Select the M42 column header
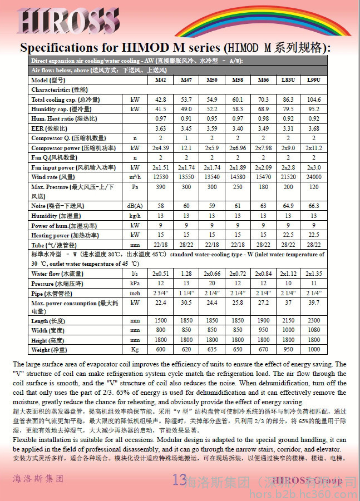(160, 80)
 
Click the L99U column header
(314, 80)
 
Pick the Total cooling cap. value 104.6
(314, 100)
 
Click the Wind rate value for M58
(238, 177)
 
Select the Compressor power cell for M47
(186, 148)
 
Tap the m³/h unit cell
(135, 177)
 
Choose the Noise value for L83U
(288, 206)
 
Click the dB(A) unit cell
(135, 206)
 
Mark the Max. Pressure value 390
(160, 187)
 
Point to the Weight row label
(50, 350)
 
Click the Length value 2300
(314, 321)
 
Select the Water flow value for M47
(186, 274)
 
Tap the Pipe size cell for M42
(160, 293)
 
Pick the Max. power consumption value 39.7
(314, 302)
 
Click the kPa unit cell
(135, 284)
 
